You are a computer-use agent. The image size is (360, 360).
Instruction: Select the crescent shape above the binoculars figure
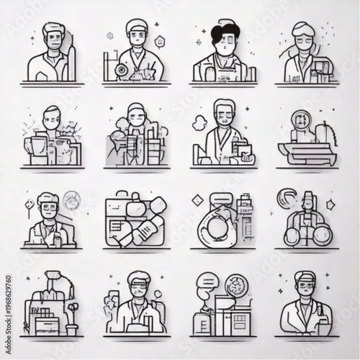(x=289, y=197)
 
